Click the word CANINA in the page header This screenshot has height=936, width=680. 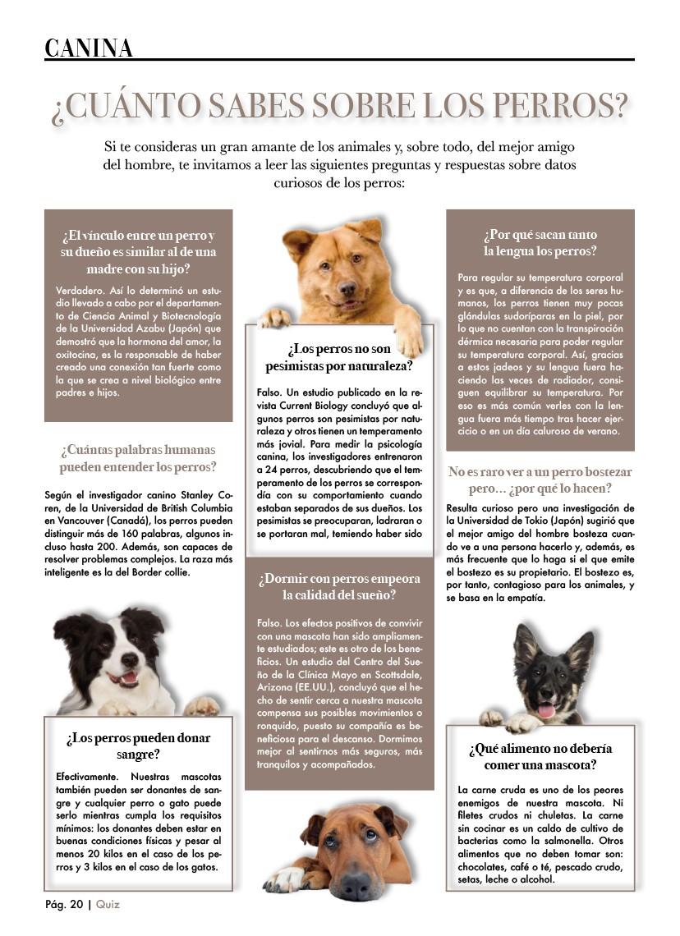coord(89,48)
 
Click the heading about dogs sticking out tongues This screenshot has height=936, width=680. coord(540,243)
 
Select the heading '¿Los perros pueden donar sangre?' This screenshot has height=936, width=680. coord(138,746)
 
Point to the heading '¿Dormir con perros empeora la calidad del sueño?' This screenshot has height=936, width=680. coord(339,586)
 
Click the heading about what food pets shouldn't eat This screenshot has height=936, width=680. coord(540,756)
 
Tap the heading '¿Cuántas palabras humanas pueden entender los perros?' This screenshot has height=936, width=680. coord(138,458)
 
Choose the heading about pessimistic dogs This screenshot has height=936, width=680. coord(339,356)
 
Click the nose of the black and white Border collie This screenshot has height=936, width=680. coord(128,661)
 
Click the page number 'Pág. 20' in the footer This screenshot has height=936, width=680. coord(64,904)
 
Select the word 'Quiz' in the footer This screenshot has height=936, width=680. coord(108,904)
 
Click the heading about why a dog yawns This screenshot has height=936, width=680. coord(540,480)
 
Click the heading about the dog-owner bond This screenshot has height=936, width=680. coord(138,251)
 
